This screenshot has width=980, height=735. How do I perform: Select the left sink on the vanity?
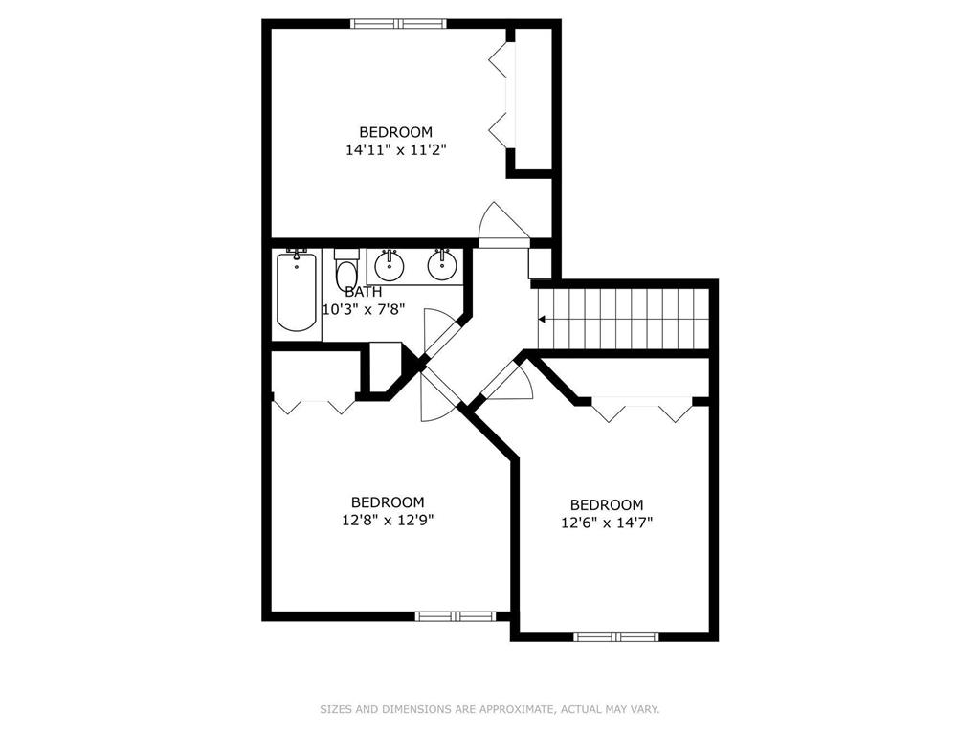[389, 265]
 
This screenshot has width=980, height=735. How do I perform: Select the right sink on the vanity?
[441, 265]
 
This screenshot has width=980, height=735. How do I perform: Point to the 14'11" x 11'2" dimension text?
[396, 150]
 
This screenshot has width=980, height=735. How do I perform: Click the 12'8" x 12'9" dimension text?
[388, 520]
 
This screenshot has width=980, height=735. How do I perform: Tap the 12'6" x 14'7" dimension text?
[607, 523]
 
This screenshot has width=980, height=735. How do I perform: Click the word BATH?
[364, 291]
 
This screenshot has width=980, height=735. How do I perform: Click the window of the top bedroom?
[399, 24]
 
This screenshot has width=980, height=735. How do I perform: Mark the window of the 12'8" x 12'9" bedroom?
[456, 616]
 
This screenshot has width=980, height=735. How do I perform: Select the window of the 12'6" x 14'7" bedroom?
[615, 636]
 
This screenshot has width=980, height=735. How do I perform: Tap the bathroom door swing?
[438, 330]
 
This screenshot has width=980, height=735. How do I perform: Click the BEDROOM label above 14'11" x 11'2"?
[396, 132]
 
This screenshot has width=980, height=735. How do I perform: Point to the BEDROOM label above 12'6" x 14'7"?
[607, 504]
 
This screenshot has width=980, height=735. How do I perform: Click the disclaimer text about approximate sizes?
[489, 709]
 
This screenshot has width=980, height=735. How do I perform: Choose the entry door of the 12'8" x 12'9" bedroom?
[435, 395]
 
